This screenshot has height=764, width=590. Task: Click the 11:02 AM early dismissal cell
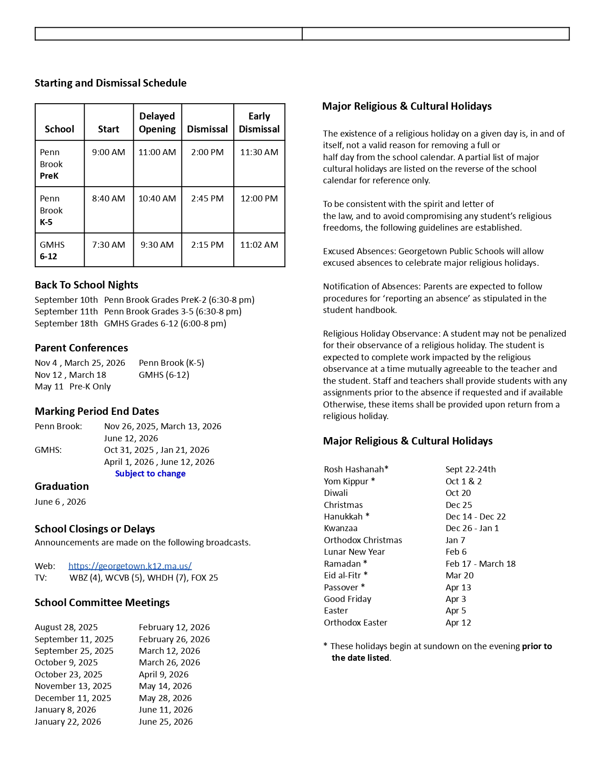tap(259, 245)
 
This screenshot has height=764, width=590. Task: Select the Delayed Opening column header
tap(157, 123)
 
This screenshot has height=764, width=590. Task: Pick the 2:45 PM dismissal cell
tap(207, 199)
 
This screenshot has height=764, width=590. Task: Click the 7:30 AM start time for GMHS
tap(108, 245)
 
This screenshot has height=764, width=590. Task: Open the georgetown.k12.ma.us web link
tap(130, 566)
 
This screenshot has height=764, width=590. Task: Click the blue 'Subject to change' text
tap(150, 474)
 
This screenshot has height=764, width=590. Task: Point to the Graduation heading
tap(62, 487)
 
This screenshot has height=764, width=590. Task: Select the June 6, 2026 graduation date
tap(60, 502)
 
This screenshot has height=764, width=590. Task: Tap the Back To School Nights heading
tap(86, 285)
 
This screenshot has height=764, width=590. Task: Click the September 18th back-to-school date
tap(66, 324)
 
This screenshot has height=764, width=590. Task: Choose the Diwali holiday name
tap(335, 493)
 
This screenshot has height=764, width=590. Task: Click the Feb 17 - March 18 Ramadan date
tap(480, 564)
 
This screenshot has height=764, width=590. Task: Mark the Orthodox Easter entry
tap(355, 623)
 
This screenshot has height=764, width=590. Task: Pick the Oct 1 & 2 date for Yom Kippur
tap(463, 482)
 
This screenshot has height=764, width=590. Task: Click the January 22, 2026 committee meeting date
tap(68, 722)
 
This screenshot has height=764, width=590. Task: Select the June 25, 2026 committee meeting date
tap(165, 722)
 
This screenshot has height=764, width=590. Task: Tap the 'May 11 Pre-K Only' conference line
tap(73, 387)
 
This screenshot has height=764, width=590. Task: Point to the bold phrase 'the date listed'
tap(360, 658)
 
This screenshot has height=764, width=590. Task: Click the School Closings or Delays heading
tap(94, 529)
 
